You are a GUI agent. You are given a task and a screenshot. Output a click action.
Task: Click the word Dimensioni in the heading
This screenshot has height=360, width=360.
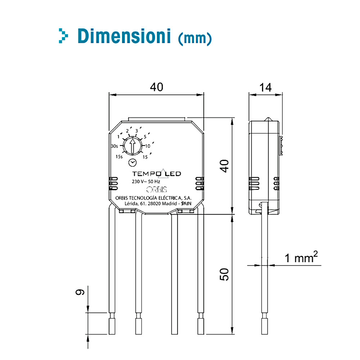(x=124, y=36)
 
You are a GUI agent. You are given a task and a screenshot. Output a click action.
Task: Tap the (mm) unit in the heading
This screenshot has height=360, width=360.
(x=195, y=38)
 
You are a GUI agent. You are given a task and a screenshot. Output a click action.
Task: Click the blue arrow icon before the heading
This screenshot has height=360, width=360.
(x=63, y=36)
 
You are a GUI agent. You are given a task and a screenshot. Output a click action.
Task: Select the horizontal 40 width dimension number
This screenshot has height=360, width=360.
(x=157, y=87)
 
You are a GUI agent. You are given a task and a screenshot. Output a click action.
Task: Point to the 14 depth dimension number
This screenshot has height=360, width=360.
(x=265, y=88)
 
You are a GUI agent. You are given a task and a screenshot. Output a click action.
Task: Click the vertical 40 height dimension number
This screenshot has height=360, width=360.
(x=224, y=166)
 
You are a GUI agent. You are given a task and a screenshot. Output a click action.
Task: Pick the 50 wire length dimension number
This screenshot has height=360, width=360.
(x=224, y=274)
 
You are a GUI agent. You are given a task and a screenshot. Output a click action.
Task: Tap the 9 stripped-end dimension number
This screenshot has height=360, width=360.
(x=80, y=292)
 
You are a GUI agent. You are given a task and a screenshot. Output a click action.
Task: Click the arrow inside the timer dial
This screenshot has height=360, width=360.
(x=132, y=146)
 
